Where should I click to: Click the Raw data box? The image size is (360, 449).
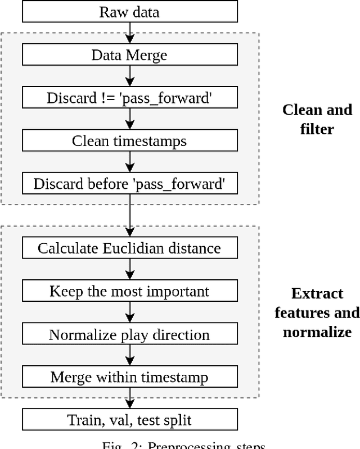[129, 12]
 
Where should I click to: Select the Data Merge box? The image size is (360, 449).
[129, 55]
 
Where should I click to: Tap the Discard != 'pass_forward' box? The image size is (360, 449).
[129, 98]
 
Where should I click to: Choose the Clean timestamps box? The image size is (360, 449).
[129, 140]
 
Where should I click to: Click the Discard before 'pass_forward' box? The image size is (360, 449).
[129, 184]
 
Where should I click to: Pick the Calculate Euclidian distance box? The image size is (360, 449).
[129, 248]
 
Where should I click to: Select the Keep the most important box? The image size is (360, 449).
[129, 291]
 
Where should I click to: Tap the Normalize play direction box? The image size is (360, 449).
[129, 334]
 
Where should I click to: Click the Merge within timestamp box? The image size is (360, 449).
[129, 377]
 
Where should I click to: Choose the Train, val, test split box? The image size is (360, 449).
[129, 420]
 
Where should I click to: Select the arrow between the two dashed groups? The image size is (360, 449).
[130, 216]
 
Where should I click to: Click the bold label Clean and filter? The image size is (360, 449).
[317, 119]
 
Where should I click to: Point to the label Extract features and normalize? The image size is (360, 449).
[317, 312]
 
